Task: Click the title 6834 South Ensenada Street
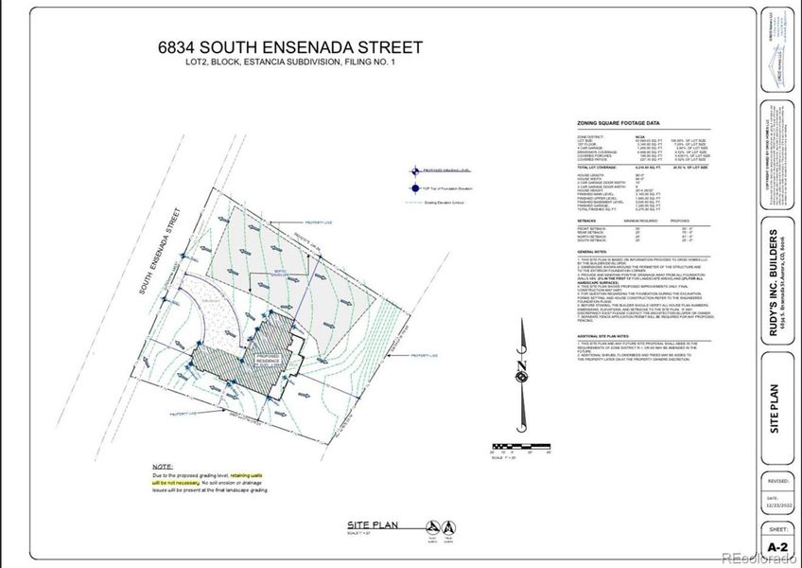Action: pyautogui.click(x=290, y=47)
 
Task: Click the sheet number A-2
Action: pyautogui.click(x=777, y=548)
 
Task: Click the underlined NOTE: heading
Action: pyautogui.click(x=163, y=468)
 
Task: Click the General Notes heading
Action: pyautogui.click(x=591, y=251)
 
